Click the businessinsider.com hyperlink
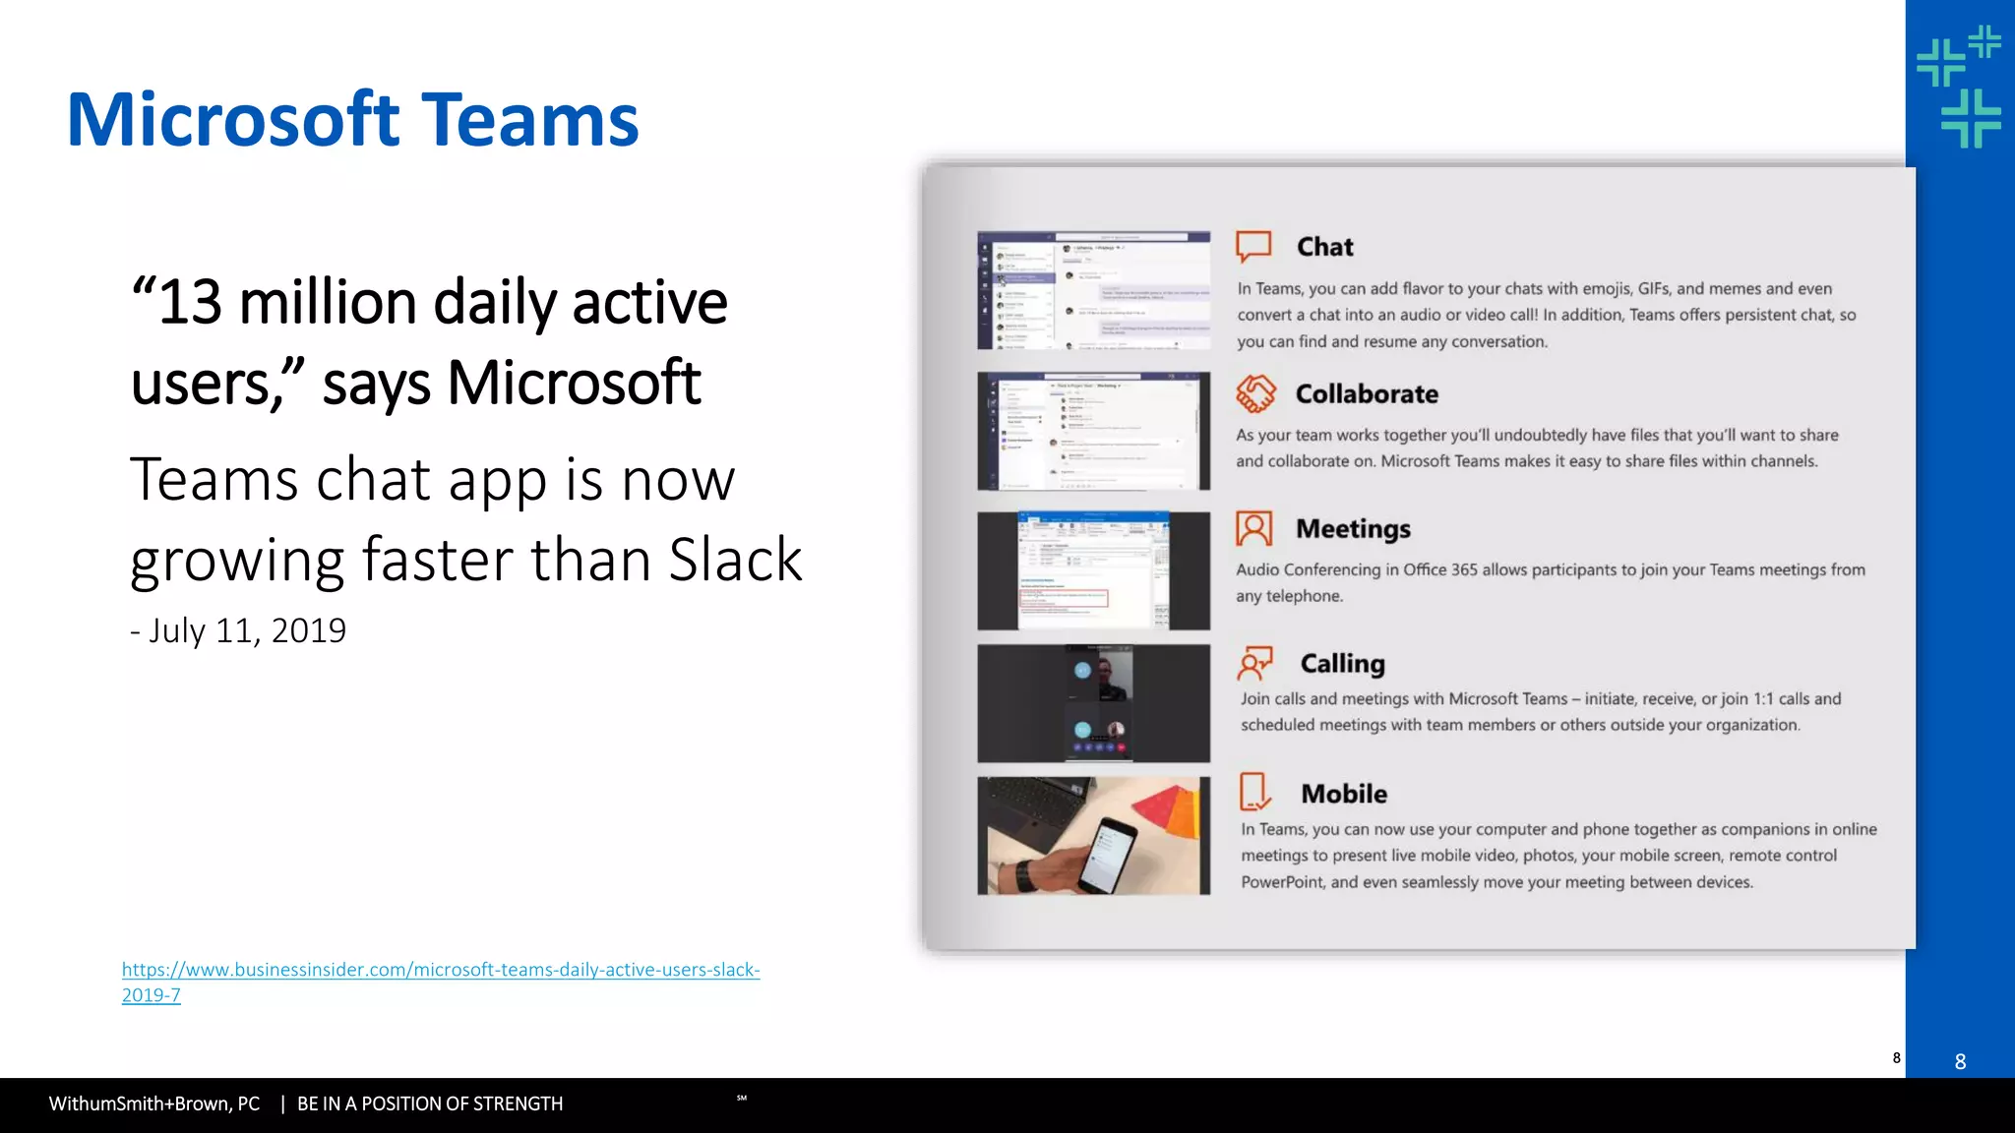(440, 971)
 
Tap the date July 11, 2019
(246, 630)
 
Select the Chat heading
(1324, 247)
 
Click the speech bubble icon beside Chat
(1253, 246)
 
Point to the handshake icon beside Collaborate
(1255, 393)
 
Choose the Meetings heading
(1353, 529)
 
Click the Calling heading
(1342, 664)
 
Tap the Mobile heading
(1343, 794)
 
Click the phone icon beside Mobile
(1254, 792)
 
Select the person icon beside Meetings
(1253, 529)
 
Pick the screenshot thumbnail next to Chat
(1093, 291)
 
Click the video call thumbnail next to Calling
(1093, 703)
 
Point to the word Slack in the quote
(735, 560)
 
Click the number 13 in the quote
(190, 302)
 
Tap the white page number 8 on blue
(1960, 1062)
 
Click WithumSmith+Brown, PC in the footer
(154, 1104)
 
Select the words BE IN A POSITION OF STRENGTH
(430, 1104)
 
